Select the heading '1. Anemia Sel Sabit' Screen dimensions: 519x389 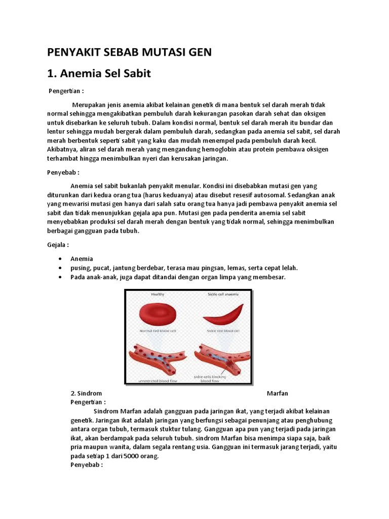click(99, 73)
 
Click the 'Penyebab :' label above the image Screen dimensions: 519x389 click(63, 173)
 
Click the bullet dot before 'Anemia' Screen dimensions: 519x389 click(60, 259)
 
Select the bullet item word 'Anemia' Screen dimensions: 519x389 click(82, 258)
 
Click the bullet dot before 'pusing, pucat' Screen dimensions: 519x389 click(60, 268)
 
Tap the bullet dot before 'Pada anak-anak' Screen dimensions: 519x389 click(60, 277)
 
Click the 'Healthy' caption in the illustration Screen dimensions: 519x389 click(158, 294)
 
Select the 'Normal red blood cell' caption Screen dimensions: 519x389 click(158, 330)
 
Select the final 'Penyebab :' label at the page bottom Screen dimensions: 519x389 click(87, 465)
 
